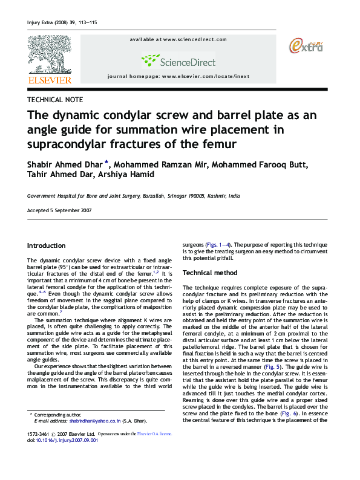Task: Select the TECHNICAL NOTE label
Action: pyautogui.click(x=56, y=100)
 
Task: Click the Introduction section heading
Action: pyautogui.click(x=47, y=245)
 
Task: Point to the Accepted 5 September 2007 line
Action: pyautogui.click(x=59, y=210)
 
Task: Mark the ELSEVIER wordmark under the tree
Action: pyautogui.click(x=50, y=79)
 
